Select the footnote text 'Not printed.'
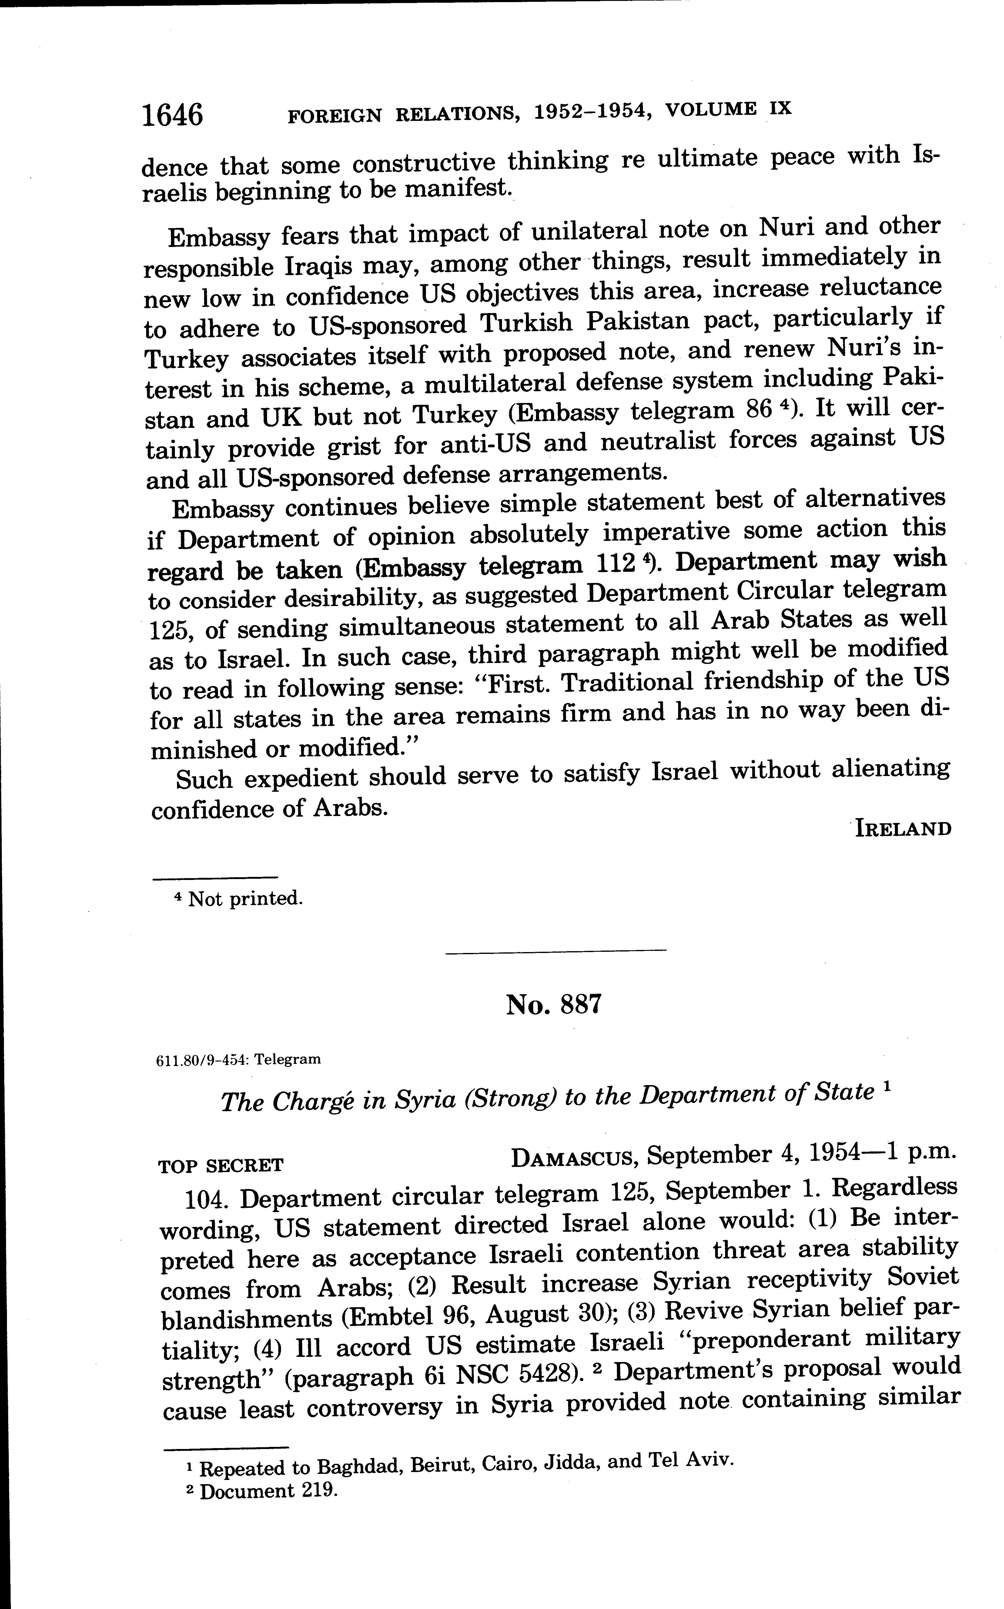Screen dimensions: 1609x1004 coord(246,899)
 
